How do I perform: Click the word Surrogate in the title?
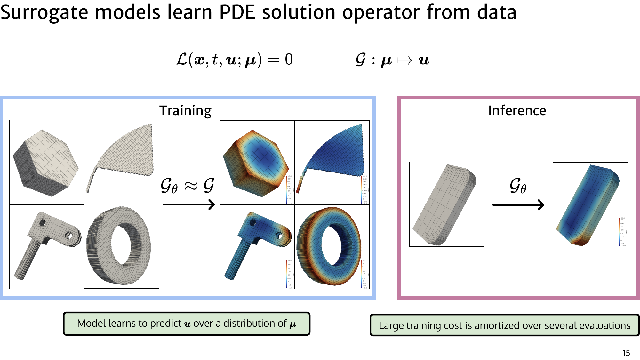[x=44, y=13]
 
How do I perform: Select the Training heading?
[x=185, y=111]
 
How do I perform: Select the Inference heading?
[x=517, y=111]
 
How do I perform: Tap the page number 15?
[x=626, y=353]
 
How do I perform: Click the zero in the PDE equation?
[x=289, y=60]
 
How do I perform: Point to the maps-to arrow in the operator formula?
[x=405, y=60]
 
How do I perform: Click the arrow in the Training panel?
[x=189, y=204]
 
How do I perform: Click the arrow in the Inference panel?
[x=518, y=204]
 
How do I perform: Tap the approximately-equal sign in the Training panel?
[x=191, y=186]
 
